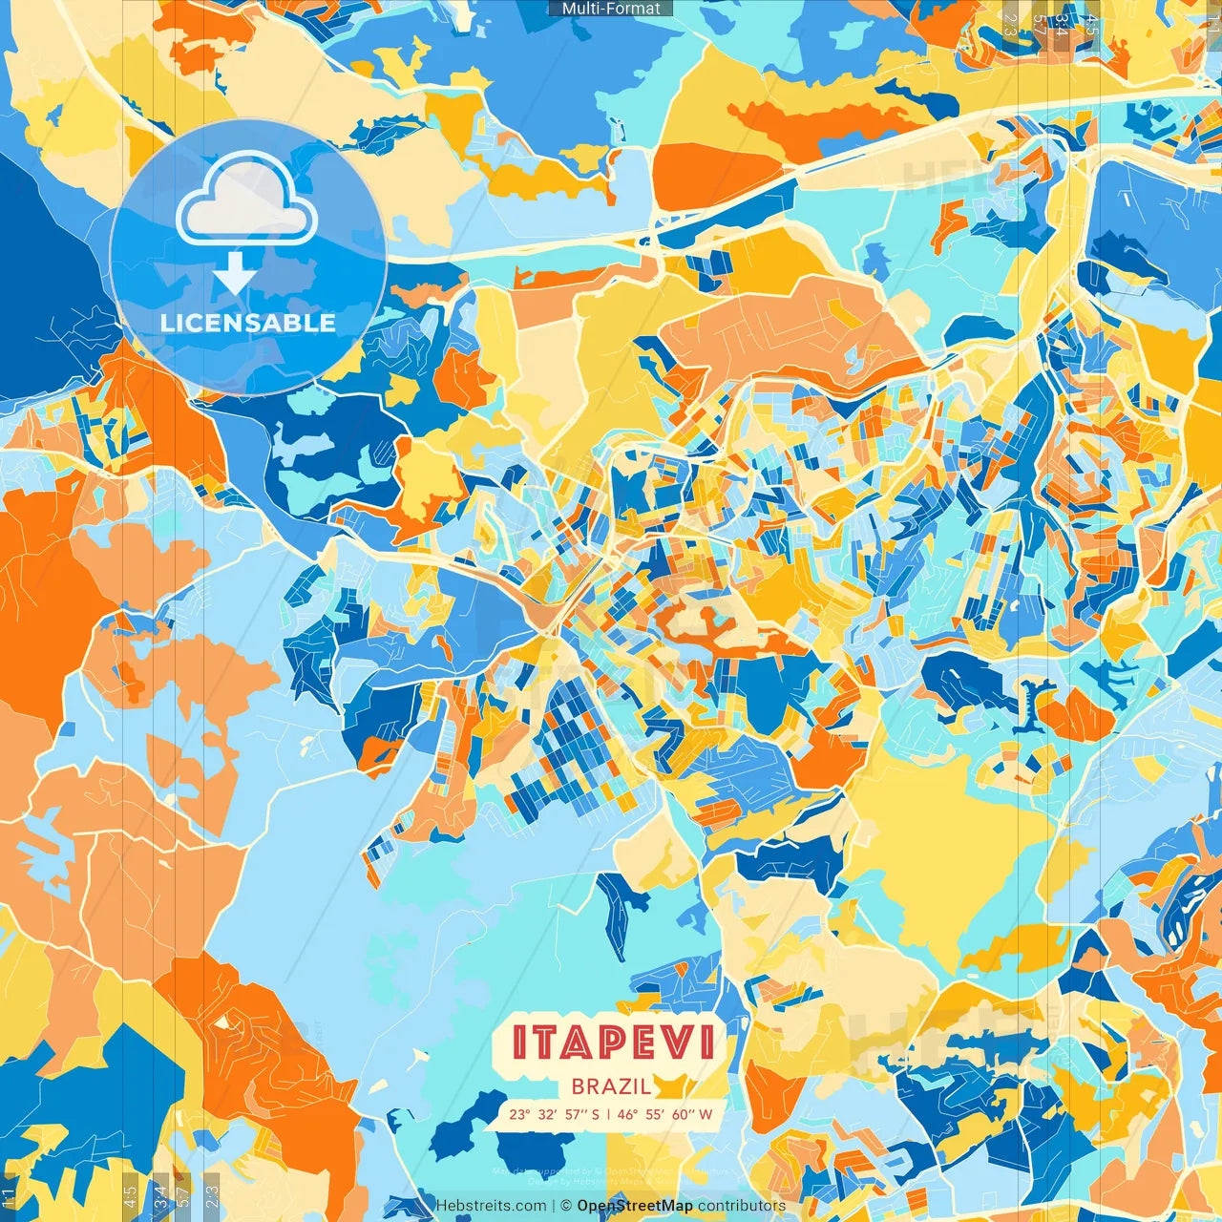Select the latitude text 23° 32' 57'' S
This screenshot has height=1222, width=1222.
[x=555, y=1114]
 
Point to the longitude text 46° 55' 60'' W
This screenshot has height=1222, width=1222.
[x=666, y=1114]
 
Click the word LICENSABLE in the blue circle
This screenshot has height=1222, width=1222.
[x=248, y=323]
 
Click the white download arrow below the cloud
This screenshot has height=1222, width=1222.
[x=234, y=274]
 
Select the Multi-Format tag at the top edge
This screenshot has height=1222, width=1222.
[x=611, y=9]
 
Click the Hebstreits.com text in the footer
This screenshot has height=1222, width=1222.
[x=492, y=1206]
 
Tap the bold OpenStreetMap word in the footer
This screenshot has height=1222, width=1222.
[x=635, y=1206]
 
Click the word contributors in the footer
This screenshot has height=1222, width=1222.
[x=742, y=1206]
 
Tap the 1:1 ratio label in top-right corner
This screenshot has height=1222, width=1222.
[x=1212, y=21]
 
